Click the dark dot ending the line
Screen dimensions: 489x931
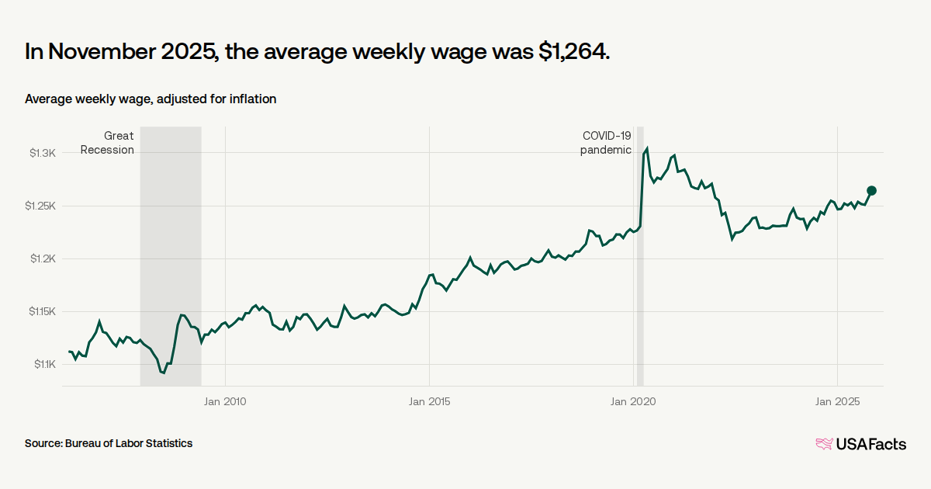pos(871,191)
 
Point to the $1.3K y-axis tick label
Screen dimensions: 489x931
pos(43,153)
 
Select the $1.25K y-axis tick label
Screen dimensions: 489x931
pos(40,206)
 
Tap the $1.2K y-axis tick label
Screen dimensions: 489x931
pos(43,258)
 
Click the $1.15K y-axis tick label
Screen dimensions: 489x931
pos(40,311)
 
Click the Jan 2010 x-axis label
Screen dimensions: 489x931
pos(224,401)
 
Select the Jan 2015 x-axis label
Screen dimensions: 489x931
pos(429,401)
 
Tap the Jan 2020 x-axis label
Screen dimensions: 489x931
pos(633,401)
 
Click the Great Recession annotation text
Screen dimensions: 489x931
pos(108,143)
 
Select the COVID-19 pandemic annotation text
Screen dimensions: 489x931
pos(606,143)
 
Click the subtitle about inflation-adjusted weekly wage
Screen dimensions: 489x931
pos(151,99)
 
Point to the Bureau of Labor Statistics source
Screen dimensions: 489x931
pos(109,443)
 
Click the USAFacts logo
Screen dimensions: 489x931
pos(860,444)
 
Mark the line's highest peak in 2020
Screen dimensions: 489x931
pos(647,147)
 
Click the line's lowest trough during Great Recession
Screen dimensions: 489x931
pos(164,373)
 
